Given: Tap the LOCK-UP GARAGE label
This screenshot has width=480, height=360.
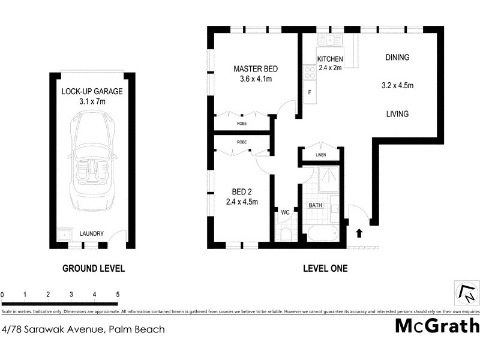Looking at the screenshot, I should [x=92, y=92].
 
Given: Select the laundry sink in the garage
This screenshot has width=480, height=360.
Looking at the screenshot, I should [x=62, y=235].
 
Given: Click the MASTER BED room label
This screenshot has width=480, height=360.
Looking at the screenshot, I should [x=256, y=69].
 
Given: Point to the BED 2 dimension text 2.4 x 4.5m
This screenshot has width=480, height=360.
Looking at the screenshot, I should [x=242, y=202].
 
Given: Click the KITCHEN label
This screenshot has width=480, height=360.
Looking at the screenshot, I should [x=330, y=59].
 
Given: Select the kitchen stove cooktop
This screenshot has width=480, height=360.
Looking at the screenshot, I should [x=310, y=73].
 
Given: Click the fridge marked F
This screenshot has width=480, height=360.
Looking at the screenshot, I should [x=310, y=92].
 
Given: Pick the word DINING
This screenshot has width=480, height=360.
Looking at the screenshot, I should [x=397, y=58].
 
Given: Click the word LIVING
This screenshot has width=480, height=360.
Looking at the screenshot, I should [x=397, y=114].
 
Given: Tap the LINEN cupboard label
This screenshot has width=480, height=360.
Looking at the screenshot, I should [x=321, y=156].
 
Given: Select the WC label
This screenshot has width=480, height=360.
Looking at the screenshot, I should [x=285, y=212].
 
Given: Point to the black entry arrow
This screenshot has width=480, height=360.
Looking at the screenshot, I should [x=359, y=233].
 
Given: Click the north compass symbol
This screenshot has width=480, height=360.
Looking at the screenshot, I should [x=466, y=293].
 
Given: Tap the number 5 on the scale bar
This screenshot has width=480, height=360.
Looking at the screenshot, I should [x=118, y=295].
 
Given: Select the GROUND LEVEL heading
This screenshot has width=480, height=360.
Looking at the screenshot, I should [x=94, y=269].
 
